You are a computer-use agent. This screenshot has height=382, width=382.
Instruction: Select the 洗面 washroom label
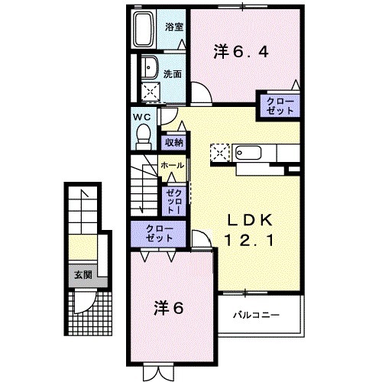[173, 74]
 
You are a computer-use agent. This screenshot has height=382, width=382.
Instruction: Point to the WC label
[141, 117]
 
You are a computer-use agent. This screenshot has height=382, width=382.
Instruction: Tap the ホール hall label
[171, 165]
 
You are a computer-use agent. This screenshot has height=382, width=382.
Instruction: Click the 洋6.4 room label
[241, 52]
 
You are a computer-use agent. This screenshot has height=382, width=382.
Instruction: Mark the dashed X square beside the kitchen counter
[220, 152]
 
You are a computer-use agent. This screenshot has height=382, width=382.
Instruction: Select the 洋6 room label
[170, 309]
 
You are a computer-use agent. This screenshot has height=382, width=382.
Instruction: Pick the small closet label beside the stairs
[172, 200]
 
